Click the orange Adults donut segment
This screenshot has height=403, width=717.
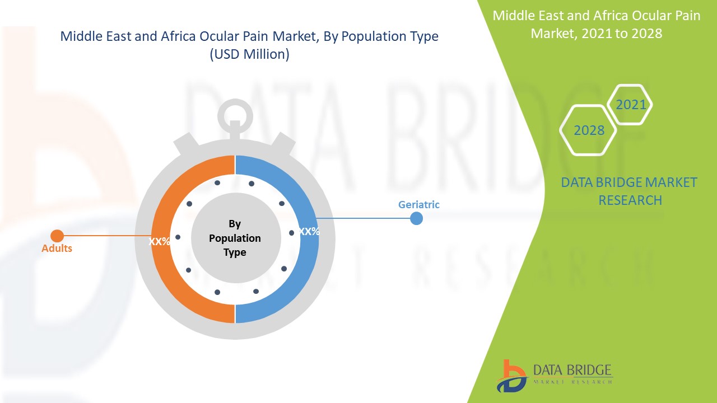tap(162, 269)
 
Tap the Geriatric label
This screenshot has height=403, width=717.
tap(419, 205)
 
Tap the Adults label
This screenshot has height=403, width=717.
tap(57, 248)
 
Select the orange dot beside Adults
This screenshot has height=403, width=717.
tap(57, 236)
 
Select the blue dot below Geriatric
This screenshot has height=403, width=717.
tap(416, 218)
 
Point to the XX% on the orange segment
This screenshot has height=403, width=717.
tap(160, 242)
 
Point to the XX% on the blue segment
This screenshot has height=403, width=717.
tap(309, 231)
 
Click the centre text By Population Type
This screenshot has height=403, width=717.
tap(235, 238)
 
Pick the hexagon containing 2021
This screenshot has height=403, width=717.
tap(631, 105)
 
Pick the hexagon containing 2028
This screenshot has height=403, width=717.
tap(589, 130)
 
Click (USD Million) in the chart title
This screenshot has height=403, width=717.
tap(249, 55)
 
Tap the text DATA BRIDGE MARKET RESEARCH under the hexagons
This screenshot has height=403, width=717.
tap(629, 191)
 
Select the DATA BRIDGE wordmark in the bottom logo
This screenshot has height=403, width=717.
tap(572, 370)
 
